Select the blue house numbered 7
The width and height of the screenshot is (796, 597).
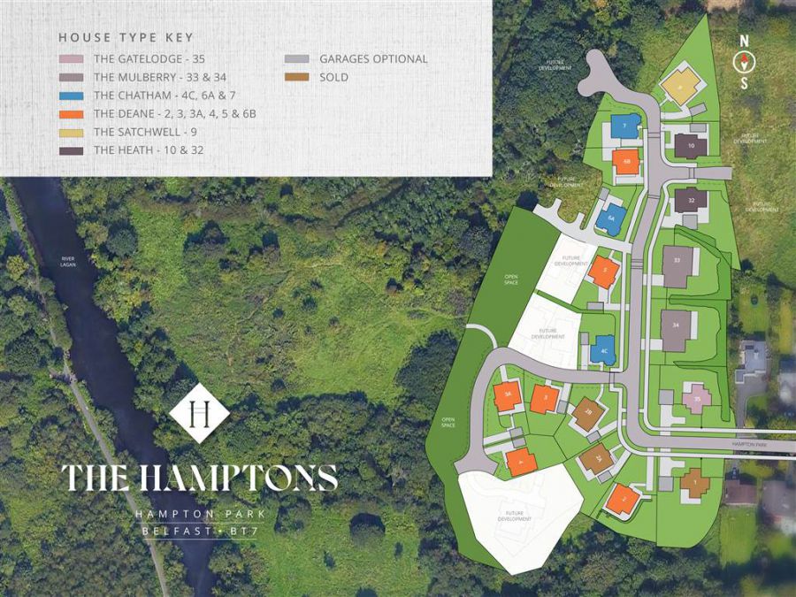click(x=625, y=127)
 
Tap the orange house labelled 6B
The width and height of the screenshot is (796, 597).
click(x=626, y=162)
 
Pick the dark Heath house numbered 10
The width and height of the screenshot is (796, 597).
click(x=690, y=145)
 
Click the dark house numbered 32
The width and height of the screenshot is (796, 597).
click(x=691, y=200)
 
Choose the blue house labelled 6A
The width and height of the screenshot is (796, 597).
click(x=610, y=218)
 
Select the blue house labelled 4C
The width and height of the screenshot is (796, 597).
click(x=604, y=350)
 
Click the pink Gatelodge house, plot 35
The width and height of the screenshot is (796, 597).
click(x=698, y=399)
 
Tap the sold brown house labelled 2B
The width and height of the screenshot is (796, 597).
click(x=588, y=413)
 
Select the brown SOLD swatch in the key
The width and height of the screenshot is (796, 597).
click(x=296, y=78)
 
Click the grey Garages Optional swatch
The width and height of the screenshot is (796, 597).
click(x=296, y=59)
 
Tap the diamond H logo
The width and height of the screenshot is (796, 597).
click(x=199, y=413)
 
